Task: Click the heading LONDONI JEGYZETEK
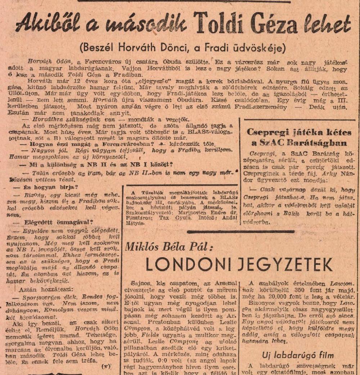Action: tap(239, 265)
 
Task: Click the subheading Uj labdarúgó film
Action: tap(298, 355)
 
